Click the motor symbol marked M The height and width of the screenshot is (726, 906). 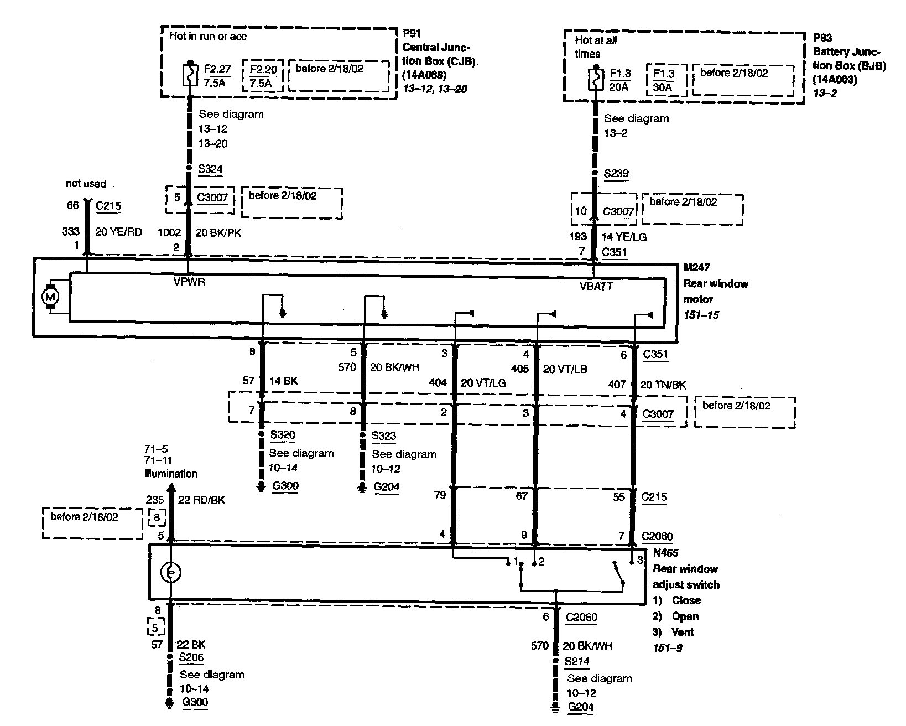point(51,297)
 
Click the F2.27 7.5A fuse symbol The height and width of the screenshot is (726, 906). point(190,75)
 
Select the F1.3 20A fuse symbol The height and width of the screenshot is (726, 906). point(595,79)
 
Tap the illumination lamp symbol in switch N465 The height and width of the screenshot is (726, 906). point(171,572)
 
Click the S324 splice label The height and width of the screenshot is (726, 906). point(210,169)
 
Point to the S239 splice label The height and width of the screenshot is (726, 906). point(616,173)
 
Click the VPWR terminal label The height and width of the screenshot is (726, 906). point(190,281)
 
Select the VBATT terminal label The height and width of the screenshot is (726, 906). point(596,286)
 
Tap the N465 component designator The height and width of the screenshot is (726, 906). point(665,552)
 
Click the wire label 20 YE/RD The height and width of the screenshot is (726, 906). point(118,232)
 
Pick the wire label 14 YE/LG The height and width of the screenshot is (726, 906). point(624,237)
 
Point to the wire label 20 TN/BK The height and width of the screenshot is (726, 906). point(663,385)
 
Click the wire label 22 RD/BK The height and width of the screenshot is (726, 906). point(201,500)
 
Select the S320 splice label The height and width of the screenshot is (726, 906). point(283,435)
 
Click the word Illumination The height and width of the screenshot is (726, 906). point(171,474)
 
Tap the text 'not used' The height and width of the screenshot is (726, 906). point(86,183)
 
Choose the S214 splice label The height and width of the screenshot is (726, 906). point(577,661)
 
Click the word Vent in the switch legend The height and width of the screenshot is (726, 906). point(683,632)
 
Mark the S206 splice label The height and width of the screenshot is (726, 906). point(191,658)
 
